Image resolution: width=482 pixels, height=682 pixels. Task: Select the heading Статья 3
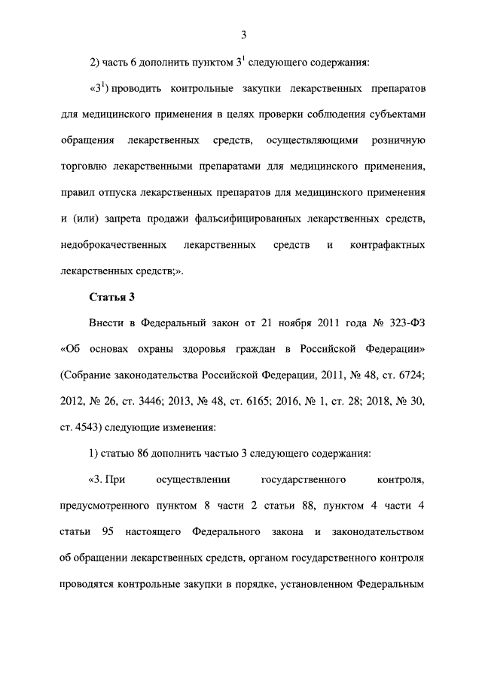coord(111,295)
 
